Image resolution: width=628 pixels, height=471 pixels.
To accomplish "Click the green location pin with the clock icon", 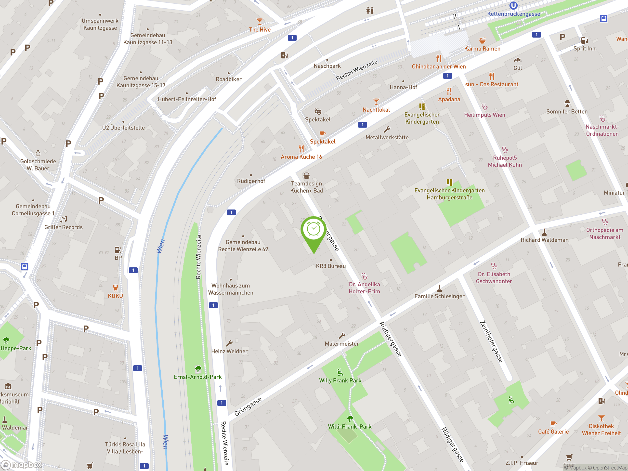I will point(314,230).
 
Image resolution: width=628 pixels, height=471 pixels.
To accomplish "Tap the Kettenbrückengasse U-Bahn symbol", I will point(513,5).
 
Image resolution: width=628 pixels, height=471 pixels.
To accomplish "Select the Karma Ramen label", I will point(482,49).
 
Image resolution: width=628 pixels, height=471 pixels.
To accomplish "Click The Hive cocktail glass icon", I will point(260,21).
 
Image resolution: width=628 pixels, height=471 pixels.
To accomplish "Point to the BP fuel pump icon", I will point(118,250).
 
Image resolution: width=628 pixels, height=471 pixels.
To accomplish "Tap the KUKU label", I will point(115,296).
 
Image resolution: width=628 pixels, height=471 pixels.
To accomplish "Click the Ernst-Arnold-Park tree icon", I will point(198,369).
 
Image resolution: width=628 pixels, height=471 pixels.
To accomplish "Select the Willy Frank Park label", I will point(340,380).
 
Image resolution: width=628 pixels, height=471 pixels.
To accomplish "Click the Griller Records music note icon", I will point(64,219).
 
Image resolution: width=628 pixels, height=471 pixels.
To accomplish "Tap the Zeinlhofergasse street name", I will point(491,341).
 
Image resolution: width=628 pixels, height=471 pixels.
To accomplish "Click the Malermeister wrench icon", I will point(342,336).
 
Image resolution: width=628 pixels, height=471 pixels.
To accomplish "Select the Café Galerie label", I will point(553,432).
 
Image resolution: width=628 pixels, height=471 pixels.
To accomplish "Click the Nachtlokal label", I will point(376,110).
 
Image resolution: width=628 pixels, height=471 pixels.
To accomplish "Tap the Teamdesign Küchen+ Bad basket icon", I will point(306,175).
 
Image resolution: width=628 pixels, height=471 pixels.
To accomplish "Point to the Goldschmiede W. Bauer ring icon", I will point(38,153).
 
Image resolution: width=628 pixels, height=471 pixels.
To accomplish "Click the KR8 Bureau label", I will point(331,266).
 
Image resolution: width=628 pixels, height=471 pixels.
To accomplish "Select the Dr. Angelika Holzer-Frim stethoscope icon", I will point(365,276).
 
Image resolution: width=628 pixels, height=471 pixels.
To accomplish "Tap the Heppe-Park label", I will point(16,348).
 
